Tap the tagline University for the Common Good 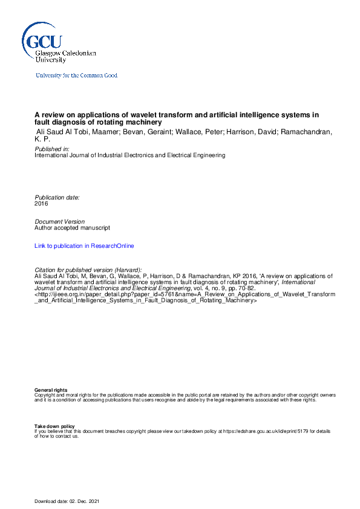tap(76, 76)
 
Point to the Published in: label tap(52, 148)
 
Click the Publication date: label tap(57, 198)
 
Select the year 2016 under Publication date tap(41, 204)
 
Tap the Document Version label tap(60, 222)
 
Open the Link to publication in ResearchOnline tap(84, 246)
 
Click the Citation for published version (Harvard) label tap(88, 269)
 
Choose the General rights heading tap(51, 391)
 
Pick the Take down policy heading tap(54, 426)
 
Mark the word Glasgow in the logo tap(49, 54)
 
